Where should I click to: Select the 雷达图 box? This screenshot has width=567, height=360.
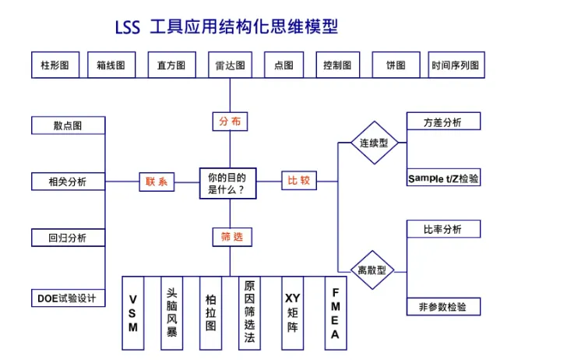[230, 65]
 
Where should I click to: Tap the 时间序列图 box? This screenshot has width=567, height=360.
[456, 65]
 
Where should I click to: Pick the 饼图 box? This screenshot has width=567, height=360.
[396, 65]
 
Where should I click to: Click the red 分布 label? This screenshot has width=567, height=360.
[230, 121]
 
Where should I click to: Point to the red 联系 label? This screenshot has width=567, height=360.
[157, 182]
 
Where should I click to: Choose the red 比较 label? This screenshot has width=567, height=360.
[299, 181]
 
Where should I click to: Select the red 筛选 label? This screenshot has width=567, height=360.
[231, 236]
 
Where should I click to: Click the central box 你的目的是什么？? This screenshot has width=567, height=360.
[227, 183]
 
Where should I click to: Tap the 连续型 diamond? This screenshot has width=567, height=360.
[374, 143]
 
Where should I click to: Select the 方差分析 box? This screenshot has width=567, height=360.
[442, 122]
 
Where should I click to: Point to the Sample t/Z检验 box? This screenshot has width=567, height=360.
[443, 178]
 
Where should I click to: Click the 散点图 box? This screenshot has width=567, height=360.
[68, 125]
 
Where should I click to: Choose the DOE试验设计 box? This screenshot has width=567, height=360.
[68, 298]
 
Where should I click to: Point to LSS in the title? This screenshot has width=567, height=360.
[127, 27]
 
